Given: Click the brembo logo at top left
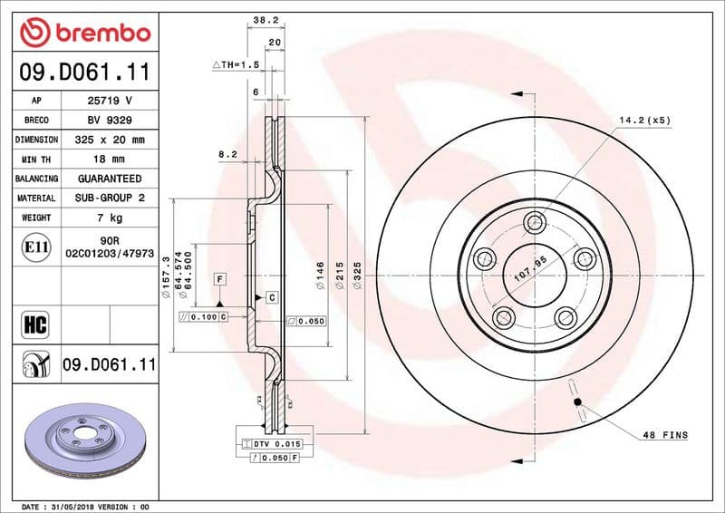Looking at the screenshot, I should [84, 34].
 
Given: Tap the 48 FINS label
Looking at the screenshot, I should [665, 436].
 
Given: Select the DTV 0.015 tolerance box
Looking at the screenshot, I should [271, 444].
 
